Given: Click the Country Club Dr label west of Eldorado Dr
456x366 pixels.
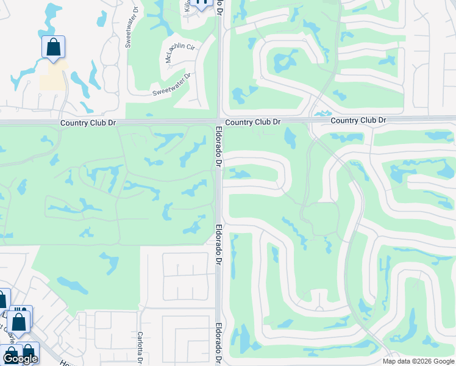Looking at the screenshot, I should point(88,123).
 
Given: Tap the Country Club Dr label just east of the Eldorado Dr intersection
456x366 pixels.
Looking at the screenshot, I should point(252,123).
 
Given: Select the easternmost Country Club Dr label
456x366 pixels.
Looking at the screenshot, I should point(358,121).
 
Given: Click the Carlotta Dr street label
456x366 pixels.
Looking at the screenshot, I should point(140,346).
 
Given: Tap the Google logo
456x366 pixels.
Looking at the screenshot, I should point(20,358).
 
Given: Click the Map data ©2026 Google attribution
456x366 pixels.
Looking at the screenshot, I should point(418,361).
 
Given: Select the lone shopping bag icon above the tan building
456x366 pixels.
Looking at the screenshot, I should point(54,47).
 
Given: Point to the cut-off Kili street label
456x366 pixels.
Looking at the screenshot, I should point(187,5).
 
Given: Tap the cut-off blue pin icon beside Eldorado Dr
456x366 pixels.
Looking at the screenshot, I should point(203,3).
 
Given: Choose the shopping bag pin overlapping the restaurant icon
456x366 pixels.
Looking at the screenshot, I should point(19,321).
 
